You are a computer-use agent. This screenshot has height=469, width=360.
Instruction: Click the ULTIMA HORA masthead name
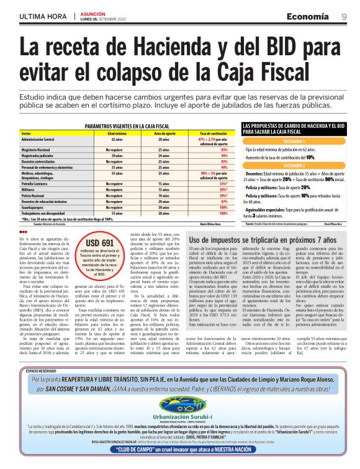(43, 16)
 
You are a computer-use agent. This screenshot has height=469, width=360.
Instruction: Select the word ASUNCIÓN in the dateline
(91, 13)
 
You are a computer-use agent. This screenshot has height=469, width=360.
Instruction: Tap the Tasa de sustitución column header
(211, 133)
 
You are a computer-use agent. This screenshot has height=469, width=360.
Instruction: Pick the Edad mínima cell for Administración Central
(117, 140)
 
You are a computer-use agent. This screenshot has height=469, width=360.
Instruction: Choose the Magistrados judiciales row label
(38, 156)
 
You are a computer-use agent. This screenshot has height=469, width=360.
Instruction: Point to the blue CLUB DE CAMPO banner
(179, 453)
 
